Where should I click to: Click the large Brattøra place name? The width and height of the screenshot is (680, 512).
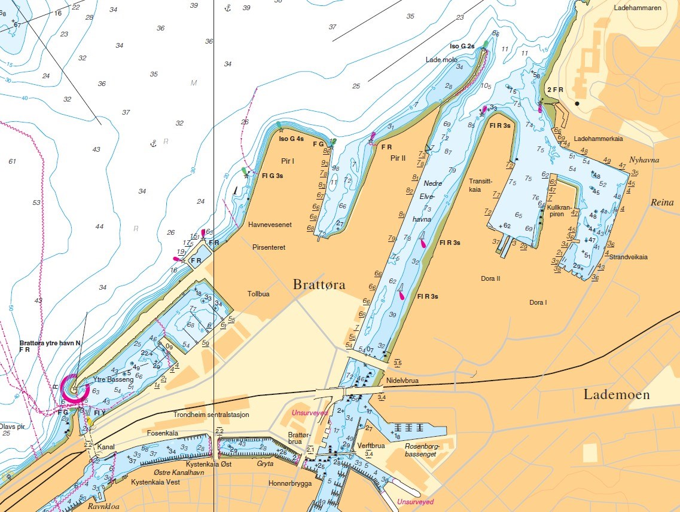(319, 285)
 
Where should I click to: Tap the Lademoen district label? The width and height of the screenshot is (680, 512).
(616, 395)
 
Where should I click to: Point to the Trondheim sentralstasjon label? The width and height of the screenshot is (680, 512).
(211, 414)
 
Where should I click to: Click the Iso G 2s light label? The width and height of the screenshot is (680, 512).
(462, 46)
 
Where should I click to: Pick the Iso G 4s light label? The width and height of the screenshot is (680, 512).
(292, 139)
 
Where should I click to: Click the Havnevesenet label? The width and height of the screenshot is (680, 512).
(270, 225)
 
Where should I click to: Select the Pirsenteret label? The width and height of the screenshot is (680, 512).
(269, 246)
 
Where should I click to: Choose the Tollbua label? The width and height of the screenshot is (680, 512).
(258, 294)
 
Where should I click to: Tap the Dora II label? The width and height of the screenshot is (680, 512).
(490, 278)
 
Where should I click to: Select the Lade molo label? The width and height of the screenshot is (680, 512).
(441, 60)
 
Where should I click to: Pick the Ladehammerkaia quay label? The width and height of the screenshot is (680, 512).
(599, 139)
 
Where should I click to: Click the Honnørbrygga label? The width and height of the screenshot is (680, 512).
(290, 483)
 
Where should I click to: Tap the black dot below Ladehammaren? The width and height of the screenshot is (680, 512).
(577, 104)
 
